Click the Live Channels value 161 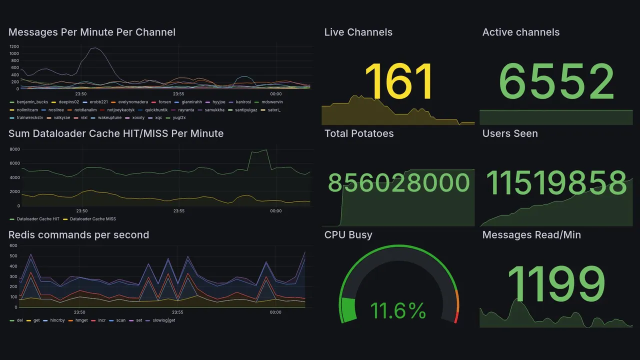point(398,81)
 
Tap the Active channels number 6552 point(556,81)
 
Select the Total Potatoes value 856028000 point(398,183)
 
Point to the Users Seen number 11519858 point(556,183)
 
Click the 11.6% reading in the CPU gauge point(398,310)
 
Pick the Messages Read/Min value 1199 point(556,284)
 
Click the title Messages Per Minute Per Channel point(92,32)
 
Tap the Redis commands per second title point(79,235)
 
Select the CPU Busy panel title point(348,235)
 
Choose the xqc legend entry point(158,117)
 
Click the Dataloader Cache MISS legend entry point(92,219)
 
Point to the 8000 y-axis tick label point(14,149)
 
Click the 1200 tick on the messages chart point(14,46)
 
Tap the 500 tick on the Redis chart point(13,256)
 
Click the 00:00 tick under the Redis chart point(275,312)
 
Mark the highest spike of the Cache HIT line point(266,149)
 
